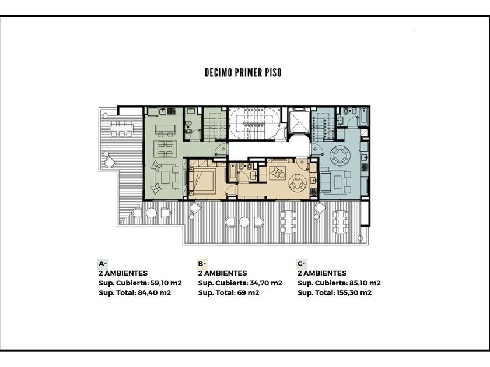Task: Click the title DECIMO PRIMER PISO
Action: (x=243, y=73)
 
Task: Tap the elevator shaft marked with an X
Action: (x=298, y=122)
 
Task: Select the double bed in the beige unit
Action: (x=202, y=180)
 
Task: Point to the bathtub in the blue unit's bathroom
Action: (x=364, y=117)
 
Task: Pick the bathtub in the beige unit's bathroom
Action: (x=233, y=173)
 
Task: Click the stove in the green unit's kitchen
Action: (x=170, y=111)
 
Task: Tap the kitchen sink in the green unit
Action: (x=163, y=111)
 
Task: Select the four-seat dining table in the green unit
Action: (x=165, y=149)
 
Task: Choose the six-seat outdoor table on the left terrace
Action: (x=121, y=128)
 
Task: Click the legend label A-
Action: (x=103, y=264)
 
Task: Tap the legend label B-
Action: (x=202, y=264)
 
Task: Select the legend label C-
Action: (x=301, y=264)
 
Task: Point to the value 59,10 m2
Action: (x=166, y=283)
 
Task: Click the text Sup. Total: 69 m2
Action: (x=229, y=292)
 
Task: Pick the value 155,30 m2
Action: (x=353, y=292)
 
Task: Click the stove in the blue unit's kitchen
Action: (x=365, y=167)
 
